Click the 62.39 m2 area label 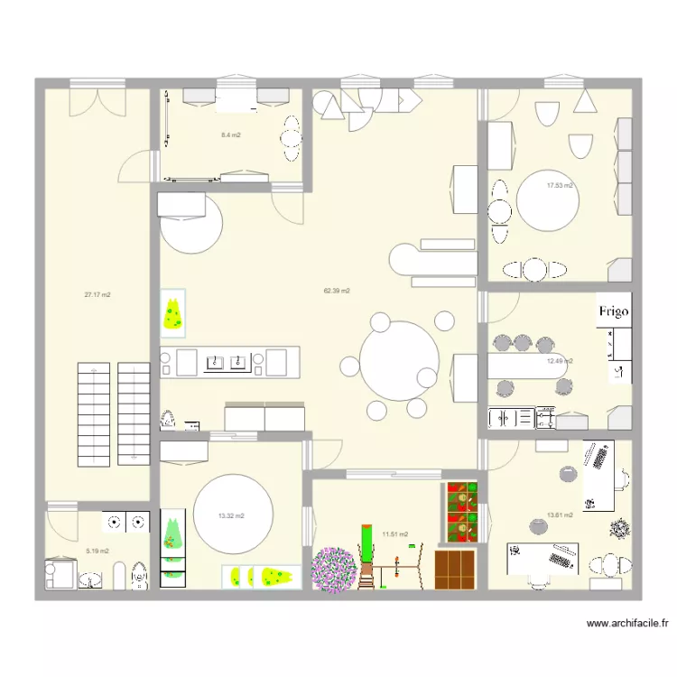click(337, 291)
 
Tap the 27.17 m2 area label click(97, 295)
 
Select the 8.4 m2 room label click(230, 135)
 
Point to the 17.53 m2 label click(560, 186)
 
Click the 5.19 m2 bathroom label click(97, 551)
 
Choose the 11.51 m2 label click(395, 534)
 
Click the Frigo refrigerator click(614, 311)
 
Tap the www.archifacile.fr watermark click(627, 623)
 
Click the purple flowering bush click(335, 569)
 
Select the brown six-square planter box click(455, 570)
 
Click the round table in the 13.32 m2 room click(233, 515)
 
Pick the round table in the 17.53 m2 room click(548, 200)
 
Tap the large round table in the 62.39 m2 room click(399, 361)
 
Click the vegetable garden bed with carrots click(462, 512)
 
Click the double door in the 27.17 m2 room click(97, 102)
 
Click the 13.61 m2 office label click(560, 515)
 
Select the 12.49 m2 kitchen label click(560, 361)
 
